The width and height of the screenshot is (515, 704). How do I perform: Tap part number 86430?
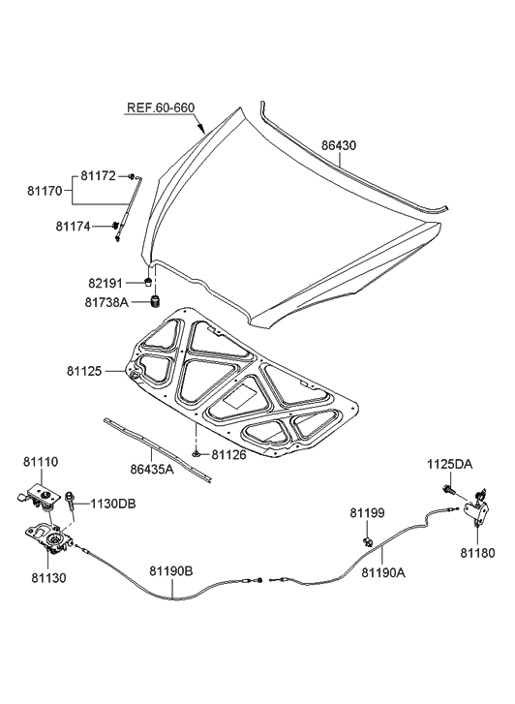339,145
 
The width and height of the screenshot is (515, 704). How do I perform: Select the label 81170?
45,191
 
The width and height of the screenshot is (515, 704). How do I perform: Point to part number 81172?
98,175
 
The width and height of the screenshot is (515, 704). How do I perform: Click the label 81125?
85,371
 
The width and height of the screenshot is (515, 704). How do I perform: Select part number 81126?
231,454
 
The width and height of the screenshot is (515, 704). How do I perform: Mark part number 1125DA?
450,465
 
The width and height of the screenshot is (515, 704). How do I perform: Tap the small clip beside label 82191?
146,283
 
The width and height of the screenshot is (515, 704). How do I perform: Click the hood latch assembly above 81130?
48,537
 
